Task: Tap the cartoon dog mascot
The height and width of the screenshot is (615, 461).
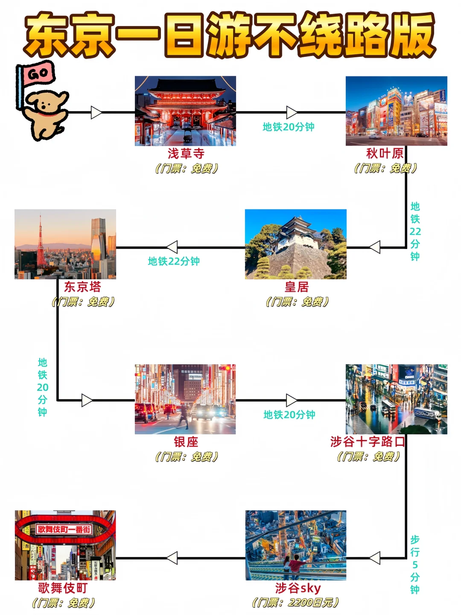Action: tap(46, 114)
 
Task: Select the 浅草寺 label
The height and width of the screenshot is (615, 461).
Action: tap(186, 154)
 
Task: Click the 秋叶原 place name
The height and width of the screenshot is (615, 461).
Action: tap(385, 154)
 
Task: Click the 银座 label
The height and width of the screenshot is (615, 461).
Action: tap(186, 442)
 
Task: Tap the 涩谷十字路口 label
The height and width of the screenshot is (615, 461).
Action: tap(368, 442)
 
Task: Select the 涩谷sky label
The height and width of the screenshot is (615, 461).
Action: tap(298, 588)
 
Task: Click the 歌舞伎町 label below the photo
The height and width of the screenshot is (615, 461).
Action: tap(63, 588)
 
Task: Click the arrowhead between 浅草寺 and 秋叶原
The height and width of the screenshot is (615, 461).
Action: tap(292, 112)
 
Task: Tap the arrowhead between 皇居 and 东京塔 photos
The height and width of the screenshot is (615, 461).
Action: tap(172, 247)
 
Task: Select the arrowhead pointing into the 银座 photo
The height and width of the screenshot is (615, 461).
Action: tap(87, 400)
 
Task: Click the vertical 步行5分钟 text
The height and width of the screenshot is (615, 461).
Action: tap(415, 565)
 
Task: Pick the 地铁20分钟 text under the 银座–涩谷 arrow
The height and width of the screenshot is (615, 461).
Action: tap(289, 414)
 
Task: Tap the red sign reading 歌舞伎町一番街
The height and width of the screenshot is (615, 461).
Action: tap(64, 529)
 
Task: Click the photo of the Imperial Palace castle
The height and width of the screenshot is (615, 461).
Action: tap(295, 244)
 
